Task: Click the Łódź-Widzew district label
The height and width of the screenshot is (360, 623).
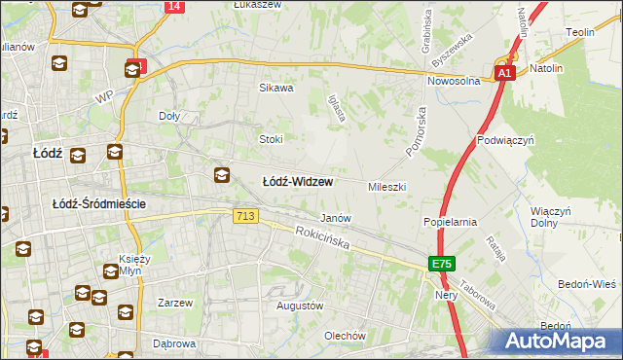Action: (299, 182)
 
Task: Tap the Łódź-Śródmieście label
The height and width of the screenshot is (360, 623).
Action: (99, 203)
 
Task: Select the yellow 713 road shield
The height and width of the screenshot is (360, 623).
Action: (246, 217)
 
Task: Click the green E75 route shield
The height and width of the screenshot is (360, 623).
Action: (442, 265)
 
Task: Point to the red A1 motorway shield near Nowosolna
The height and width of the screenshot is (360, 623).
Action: (503, 74)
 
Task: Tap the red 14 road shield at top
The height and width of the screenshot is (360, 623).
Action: (173, 6)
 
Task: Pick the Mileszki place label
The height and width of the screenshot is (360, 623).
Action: (386, 186)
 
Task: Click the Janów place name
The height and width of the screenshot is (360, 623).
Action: (335, 218)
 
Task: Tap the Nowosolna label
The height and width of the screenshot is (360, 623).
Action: (454, 82)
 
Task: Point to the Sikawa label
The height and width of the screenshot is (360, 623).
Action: (275, 88)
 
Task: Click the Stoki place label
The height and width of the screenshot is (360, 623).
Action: (270, 139)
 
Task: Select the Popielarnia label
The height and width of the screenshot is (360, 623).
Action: (449, 222)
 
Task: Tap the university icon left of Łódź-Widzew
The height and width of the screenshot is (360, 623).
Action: (222, 175)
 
